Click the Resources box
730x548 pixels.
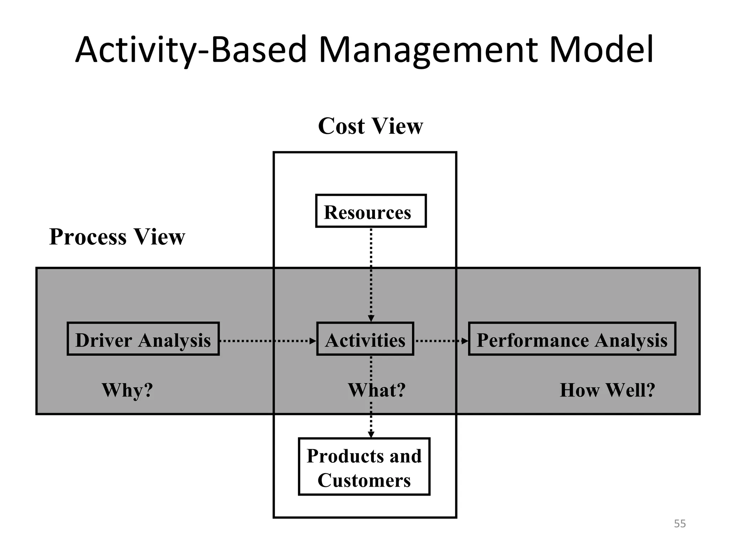tap(371, 211)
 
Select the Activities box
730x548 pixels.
tap(365, 339)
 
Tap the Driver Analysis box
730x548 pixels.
tap(143, 339)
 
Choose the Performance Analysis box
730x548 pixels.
tap(572, 339)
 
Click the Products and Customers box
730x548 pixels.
tap(364, 467)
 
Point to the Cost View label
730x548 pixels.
tap(370, 126)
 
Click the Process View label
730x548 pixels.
tap(117, 237)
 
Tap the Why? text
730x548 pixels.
tap(127, 390)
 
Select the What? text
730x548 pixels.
tap(377, 390)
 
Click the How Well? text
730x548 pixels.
tap(607, 390)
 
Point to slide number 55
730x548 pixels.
tap(680, 524)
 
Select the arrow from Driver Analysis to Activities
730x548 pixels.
tap(267, 341)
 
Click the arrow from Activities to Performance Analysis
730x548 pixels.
tap(441, 341)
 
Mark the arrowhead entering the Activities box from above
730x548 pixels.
tap(371, 318)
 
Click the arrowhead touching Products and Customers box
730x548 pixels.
tap(371, 434)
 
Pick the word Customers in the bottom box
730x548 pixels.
tap(364, 480)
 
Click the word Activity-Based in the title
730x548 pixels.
tap(191, 50)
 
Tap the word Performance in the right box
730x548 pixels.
tap(533, 340)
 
